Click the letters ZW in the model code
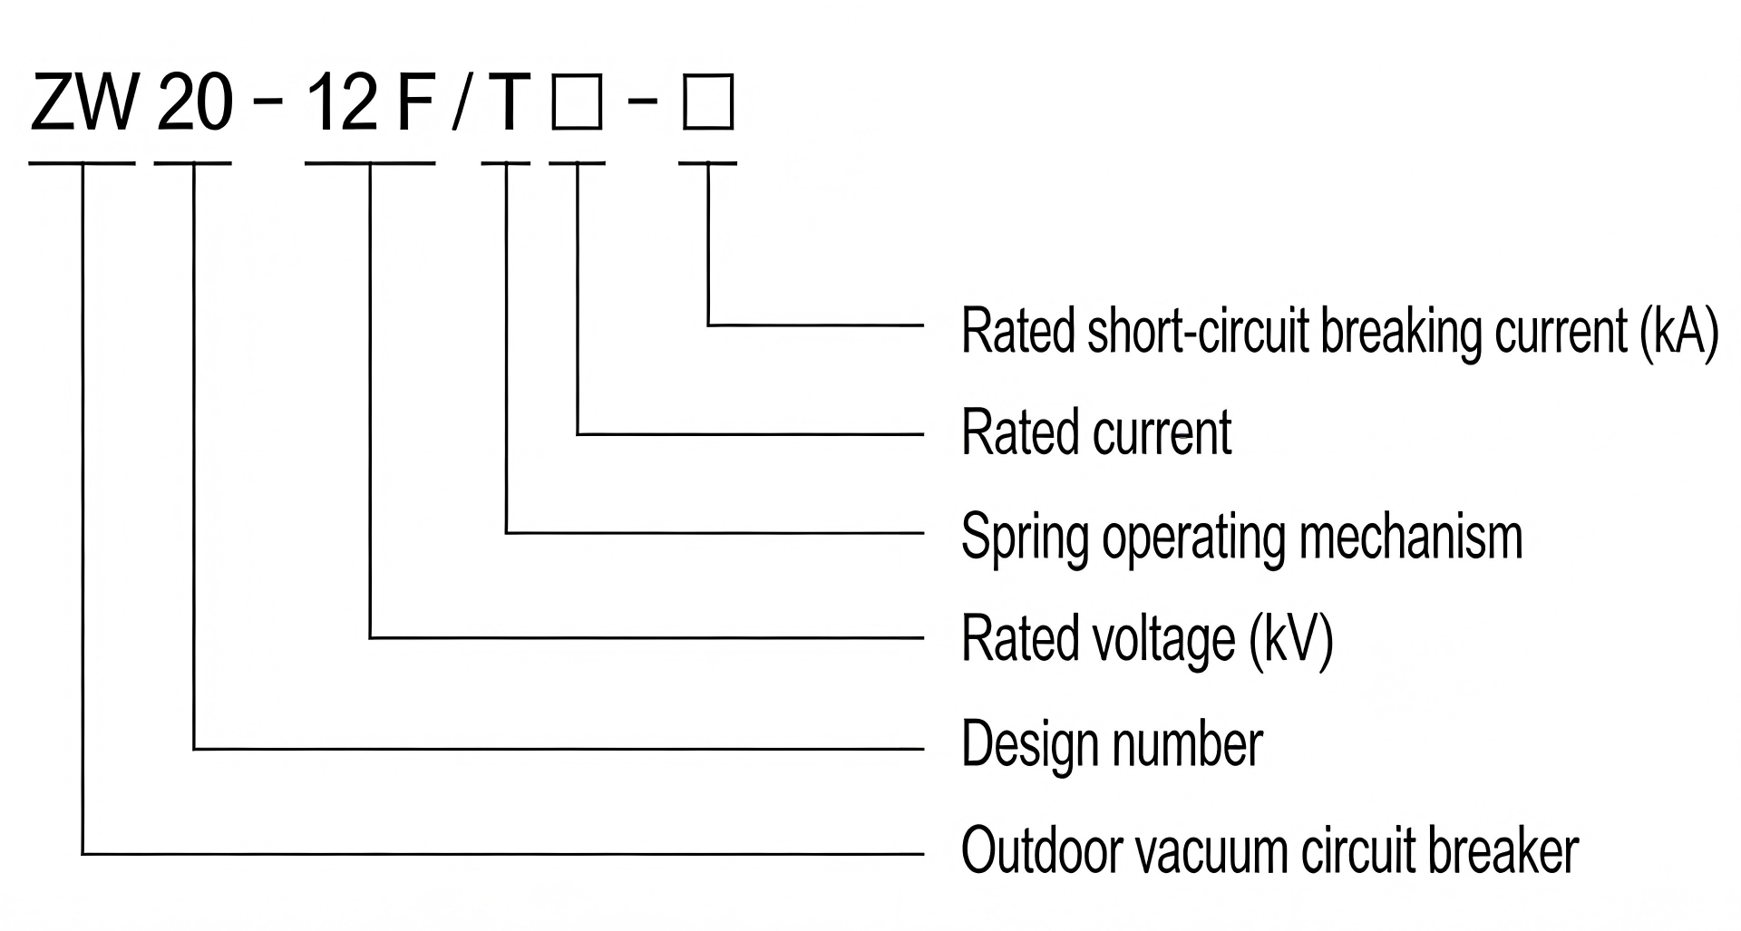click(x=83, y=102)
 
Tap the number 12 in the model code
click(x=342, y=102)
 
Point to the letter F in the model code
click(x=413, y=102)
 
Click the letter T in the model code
click(x=506, y=102)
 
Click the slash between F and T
click(x=461, y=102)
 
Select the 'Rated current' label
click(x=1096, y=432)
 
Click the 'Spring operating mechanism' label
click(x=1241, y=537)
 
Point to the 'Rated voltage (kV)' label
click(x=1147, y=639)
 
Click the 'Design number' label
click(x=1112, y=745)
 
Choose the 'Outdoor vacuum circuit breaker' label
click(x=1269, y=850)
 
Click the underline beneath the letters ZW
click(x=83, y=163)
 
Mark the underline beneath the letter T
click(x=506, y=163)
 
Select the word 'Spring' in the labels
click(x=1025, y=537)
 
